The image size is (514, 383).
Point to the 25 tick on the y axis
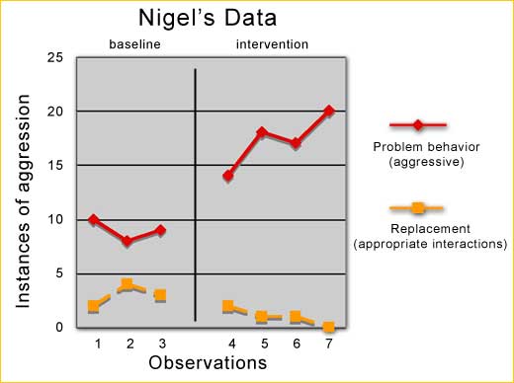point(55,57)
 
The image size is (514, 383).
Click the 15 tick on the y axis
point(55,165)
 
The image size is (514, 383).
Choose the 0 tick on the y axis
point(59,327)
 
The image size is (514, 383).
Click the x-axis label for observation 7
point(329,343)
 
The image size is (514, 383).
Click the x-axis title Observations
point(208,363)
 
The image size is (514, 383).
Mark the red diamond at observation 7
point(329,111)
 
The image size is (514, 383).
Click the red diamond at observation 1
point(94,219)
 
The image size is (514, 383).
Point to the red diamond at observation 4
point(229,176)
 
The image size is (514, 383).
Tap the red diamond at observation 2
point(127,241)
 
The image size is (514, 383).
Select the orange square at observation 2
point(127,284)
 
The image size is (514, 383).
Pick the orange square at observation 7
point(329,327)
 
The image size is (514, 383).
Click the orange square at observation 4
point(229,306)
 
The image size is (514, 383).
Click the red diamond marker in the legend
point(418,125)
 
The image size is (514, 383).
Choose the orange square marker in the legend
point(418,208)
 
